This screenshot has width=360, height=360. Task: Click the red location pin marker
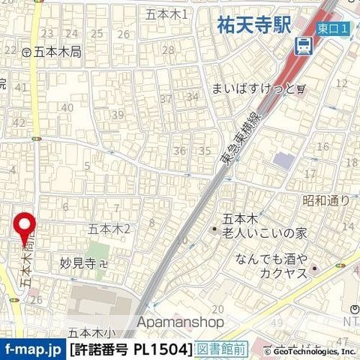tap(26, 226)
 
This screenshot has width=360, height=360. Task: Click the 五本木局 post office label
tap(46, 52)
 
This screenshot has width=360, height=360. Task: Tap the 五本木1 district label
tap(167, 14)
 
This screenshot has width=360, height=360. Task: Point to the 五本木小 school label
tap(92, 332)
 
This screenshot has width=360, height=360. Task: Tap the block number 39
tap(117, 115)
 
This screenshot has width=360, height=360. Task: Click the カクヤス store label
tap(279, 274)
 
